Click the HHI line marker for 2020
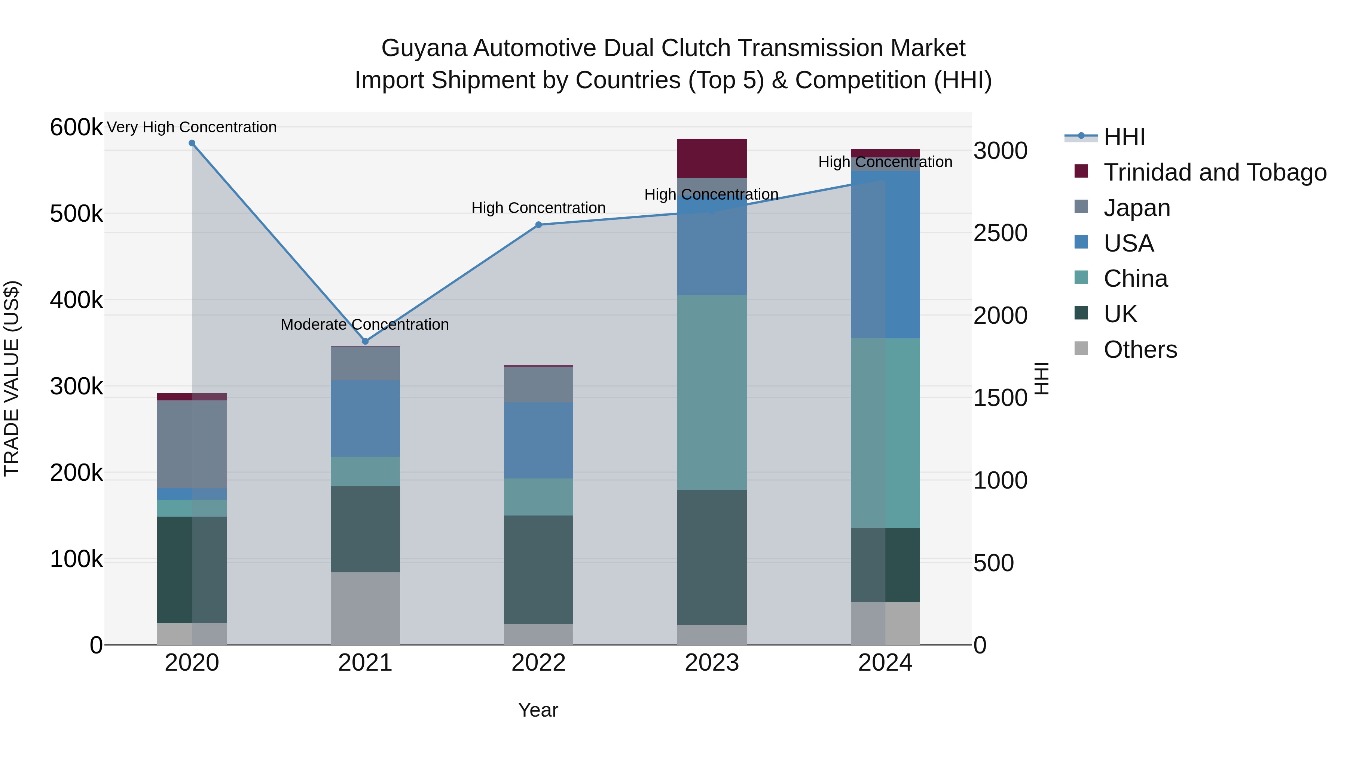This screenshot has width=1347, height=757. tap(192, 143)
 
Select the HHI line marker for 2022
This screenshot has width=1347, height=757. tap(538, 225)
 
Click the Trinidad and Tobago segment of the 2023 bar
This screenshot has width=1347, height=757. tap(712, 158)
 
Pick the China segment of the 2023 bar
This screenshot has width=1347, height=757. tap(712, 393)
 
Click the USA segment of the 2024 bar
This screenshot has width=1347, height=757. tap(885, 255)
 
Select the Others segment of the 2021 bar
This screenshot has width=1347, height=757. tap(365, 609)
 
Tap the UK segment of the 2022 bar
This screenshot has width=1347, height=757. tap(538, 570)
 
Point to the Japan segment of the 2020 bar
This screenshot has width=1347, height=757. tap(192, 444)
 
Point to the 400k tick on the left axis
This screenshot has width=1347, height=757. tap(76, 301)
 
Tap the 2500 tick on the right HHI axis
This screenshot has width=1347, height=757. tap(1000, 234)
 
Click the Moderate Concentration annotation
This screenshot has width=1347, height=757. tap(364, 325)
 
